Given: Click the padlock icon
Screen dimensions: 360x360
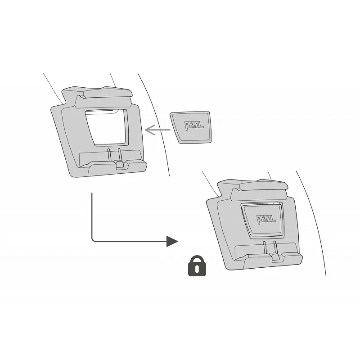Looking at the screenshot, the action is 197,265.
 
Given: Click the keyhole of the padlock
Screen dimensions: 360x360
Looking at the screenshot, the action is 197,269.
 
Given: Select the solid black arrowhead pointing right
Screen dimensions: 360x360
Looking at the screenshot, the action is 172,241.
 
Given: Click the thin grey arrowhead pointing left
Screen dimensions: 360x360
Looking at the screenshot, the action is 150,130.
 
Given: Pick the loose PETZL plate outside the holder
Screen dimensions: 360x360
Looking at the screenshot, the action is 191,128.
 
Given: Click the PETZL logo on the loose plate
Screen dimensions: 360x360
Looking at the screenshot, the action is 194,126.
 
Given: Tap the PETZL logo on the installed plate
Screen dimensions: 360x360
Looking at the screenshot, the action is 266,220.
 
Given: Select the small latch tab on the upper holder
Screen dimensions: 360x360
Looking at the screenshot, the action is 120,165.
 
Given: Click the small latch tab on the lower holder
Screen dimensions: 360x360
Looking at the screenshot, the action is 276,257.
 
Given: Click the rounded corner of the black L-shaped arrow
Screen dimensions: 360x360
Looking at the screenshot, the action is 93,240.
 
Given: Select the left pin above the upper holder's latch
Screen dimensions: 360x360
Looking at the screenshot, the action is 109,155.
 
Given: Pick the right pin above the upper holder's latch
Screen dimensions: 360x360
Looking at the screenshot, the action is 119,154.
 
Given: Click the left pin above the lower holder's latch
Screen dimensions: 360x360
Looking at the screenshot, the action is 265,248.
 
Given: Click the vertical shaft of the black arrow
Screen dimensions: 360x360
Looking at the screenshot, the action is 92,216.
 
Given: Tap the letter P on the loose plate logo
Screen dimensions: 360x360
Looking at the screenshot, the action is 188,126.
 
